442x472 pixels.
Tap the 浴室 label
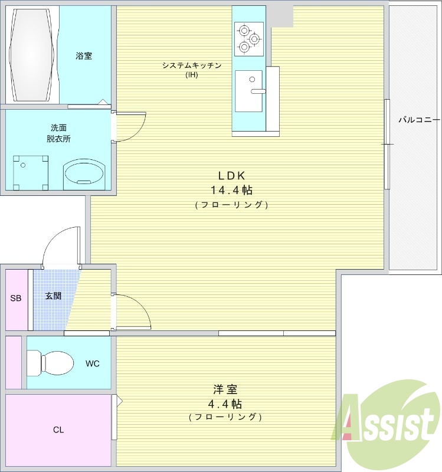point(84,55)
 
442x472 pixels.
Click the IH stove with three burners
point(249,39)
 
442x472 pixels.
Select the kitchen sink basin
point(248,91)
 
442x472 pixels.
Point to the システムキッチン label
point(192,65)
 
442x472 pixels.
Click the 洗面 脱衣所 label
point(58,133)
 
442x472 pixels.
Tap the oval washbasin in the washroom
point(84,174)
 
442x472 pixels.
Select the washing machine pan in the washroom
point(31,173)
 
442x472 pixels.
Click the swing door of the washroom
point(129,127)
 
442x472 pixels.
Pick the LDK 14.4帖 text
point(231,182)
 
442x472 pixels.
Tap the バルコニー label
point(420,120)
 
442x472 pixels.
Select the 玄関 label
point(53,296)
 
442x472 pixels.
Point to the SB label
point(16,298)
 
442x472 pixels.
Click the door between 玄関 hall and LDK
point(130,311)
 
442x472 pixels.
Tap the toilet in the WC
point(50,362)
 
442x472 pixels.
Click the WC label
point(93,363)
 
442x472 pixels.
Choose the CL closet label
point(58,430)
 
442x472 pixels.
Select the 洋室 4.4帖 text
point(225,396)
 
